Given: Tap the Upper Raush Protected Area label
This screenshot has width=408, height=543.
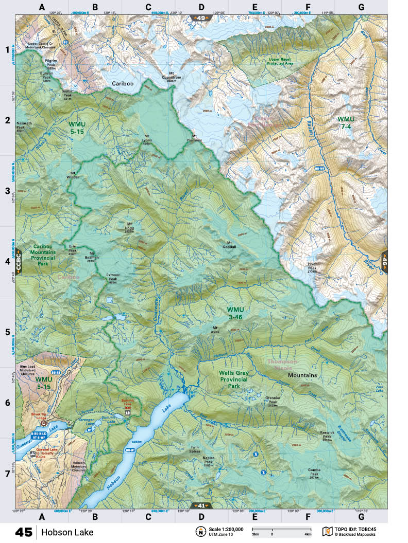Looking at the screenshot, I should (281, 61).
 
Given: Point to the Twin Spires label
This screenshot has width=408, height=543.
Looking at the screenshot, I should (194, 449).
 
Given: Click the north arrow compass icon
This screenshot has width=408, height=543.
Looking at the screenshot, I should (199, 531).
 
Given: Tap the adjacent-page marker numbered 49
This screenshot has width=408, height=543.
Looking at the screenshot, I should (200, 18).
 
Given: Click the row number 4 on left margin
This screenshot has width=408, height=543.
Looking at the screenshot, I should (8, 262).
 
